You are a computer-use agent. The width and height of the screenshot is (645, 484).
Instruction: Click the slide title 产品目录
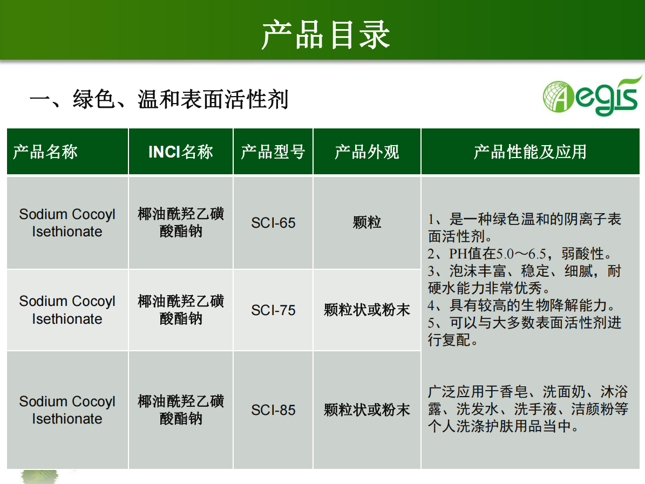click(325, 35)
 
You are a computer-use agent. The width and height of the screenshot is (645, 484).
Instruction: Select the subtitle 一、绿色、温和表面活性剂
click(159, 99)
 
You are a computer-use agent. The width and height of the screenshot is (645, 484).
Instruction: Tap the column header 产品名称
click(45, 152)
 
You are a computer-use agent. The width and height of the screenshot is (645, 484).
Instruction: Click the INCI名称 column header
click(181, 152)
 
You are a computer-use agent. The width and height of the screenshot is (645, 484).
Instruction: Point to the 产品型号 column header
click(273, 152)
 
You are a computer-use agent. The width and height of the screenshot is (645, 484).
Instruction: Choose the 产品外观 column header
click(367, 152)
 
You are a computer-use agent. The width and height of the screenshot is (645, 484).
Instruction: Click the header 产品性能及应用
click(530, 152)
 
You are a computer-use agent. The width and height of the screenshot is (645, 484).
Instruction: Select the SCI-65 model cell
click(274, 223)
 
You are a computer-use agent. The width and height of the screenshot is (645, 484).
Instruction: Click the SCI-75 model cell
click(274, 310)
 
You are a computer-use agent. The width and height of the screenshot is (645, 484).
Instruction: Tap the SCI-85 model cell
click(274, 410)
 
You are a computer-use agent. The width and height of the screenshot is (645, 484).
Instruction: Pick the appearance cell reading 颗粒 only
click(367, 222)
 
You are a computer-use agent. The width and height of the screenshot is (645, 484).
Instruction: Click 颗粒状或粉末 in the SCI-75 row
click(367, 310)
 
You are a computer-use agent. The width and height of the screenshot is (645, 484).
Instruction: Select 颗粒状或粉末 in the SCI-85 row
click(367, 410)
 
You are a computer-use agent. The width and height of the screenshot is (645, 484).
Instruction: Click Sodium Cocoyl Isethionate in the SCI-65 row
click(67, 223)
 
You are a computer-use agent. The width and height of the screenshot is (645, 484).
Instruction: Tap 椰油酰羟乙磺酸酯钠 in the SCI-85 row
click(181, 410)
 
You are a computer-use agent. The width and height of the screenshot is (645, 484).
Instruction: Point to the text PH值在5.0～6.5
click(497, 254)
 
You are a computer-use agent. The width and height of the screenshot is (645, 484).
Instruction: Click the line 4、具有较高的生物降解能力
click(522, 305)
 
